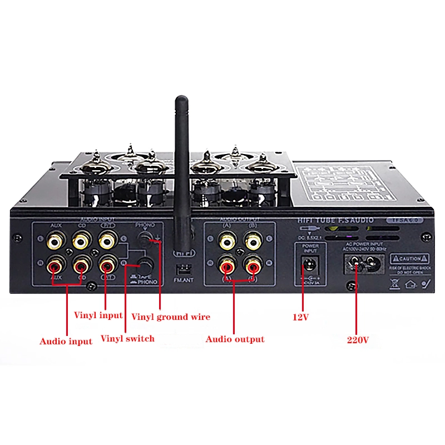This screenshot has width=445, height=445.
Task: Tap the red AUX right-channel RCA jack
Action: click(x=55, y=265)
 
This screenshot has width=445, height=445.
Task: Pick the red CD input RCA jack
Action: click(x=81, y=265)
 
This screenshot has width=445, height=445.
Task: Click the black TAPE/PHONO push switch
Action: click(x=147, y=264)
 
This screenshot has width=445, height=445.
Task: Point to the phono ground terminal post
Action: click(x=146, y=240)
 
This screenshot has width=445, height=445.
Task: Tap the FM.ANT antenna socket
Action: click(x=181, y=269)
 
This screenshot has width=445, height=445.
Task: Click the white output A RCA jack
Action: click(x=227, y=241)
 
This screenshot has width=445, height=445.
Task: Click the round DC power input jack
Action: click(x=309, y=265)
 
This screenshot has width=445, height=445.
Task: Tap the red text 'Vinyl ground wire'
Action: click(x=171, y=317)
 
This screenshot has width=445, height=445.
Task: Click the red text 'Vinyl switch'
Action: click(x=127, y=338)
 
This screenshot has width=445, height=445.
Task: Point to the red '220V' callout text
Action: click(x=355, y=339)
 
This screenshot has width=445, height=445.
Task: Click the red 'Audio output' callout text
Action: click(x=235, y=339)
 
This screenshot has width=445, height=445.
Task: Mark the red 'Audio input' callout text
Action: click(x=66, y=341)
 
